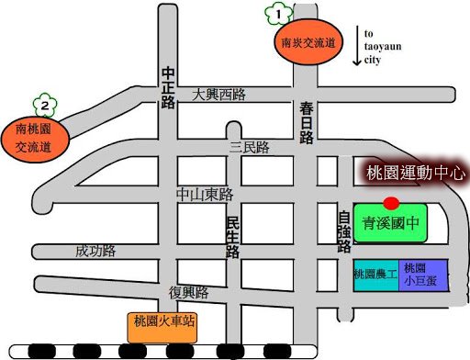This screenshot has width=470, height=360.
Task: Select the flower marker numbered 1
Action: [277, 14]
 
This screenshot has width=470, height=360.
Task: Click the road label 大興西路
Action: [220, 94]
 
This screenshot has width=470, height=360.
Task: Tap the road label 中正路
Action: [168, 87]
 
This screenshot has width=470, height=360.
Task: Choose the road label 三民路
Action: [249, 147]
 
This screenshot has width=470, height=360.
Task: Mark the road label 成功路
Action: [95, 250]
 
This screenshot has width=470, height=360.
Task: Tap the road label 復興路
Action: [189, 293]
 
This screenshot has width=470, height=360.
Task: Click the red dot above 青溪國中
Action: [390, 202]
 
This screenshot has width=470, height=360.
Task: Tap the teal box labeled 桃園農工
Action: [375, 275]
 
